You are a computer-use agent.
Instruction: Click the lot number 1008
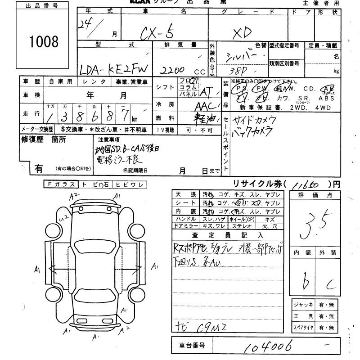click(44, 41)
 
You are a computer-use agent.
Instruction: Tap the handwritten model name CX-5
click(158, 33)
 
